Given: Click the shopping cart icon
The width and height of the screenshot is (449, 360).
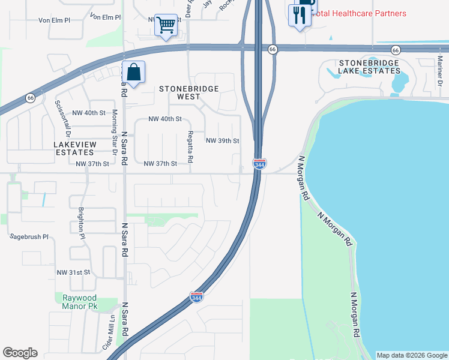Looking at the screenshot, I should point(166,25).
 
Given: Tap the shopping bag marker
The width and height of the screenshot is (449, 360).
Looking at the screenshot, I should point(134,72).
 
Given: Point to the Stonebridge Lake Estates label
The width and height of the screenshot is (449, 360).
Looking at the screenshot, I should point(369,67).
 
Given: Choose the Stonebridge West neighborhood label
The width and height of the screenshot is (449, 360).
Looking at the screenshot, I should point(188,92).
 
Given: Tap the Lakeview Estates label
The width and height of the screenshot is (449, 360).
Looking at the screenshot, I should point(74,149).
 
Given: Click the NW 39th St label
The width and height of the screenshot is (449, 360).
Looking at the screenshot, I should point(223,141).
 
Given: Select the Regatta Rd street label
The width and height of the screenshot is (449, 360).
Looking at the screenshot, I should point(190,147).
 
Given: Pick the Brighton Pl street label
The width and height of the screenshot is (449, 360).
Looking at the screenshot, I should point(81,223).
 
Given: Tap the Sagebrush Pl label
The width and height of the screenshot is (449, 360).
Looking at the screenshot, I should point(29,237).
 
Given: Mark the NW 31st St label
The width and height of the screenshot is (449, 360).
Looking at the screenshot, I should point(73,272).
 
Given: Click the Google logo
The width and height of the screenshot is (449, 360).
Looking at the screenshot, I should point(20,353).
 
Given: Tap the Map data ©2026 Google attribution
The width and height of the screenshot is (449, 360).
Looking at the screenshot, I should point(412,355).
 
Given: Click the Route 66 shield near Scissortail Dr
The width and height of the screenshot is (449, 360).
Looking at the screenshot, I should point(30,98).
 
